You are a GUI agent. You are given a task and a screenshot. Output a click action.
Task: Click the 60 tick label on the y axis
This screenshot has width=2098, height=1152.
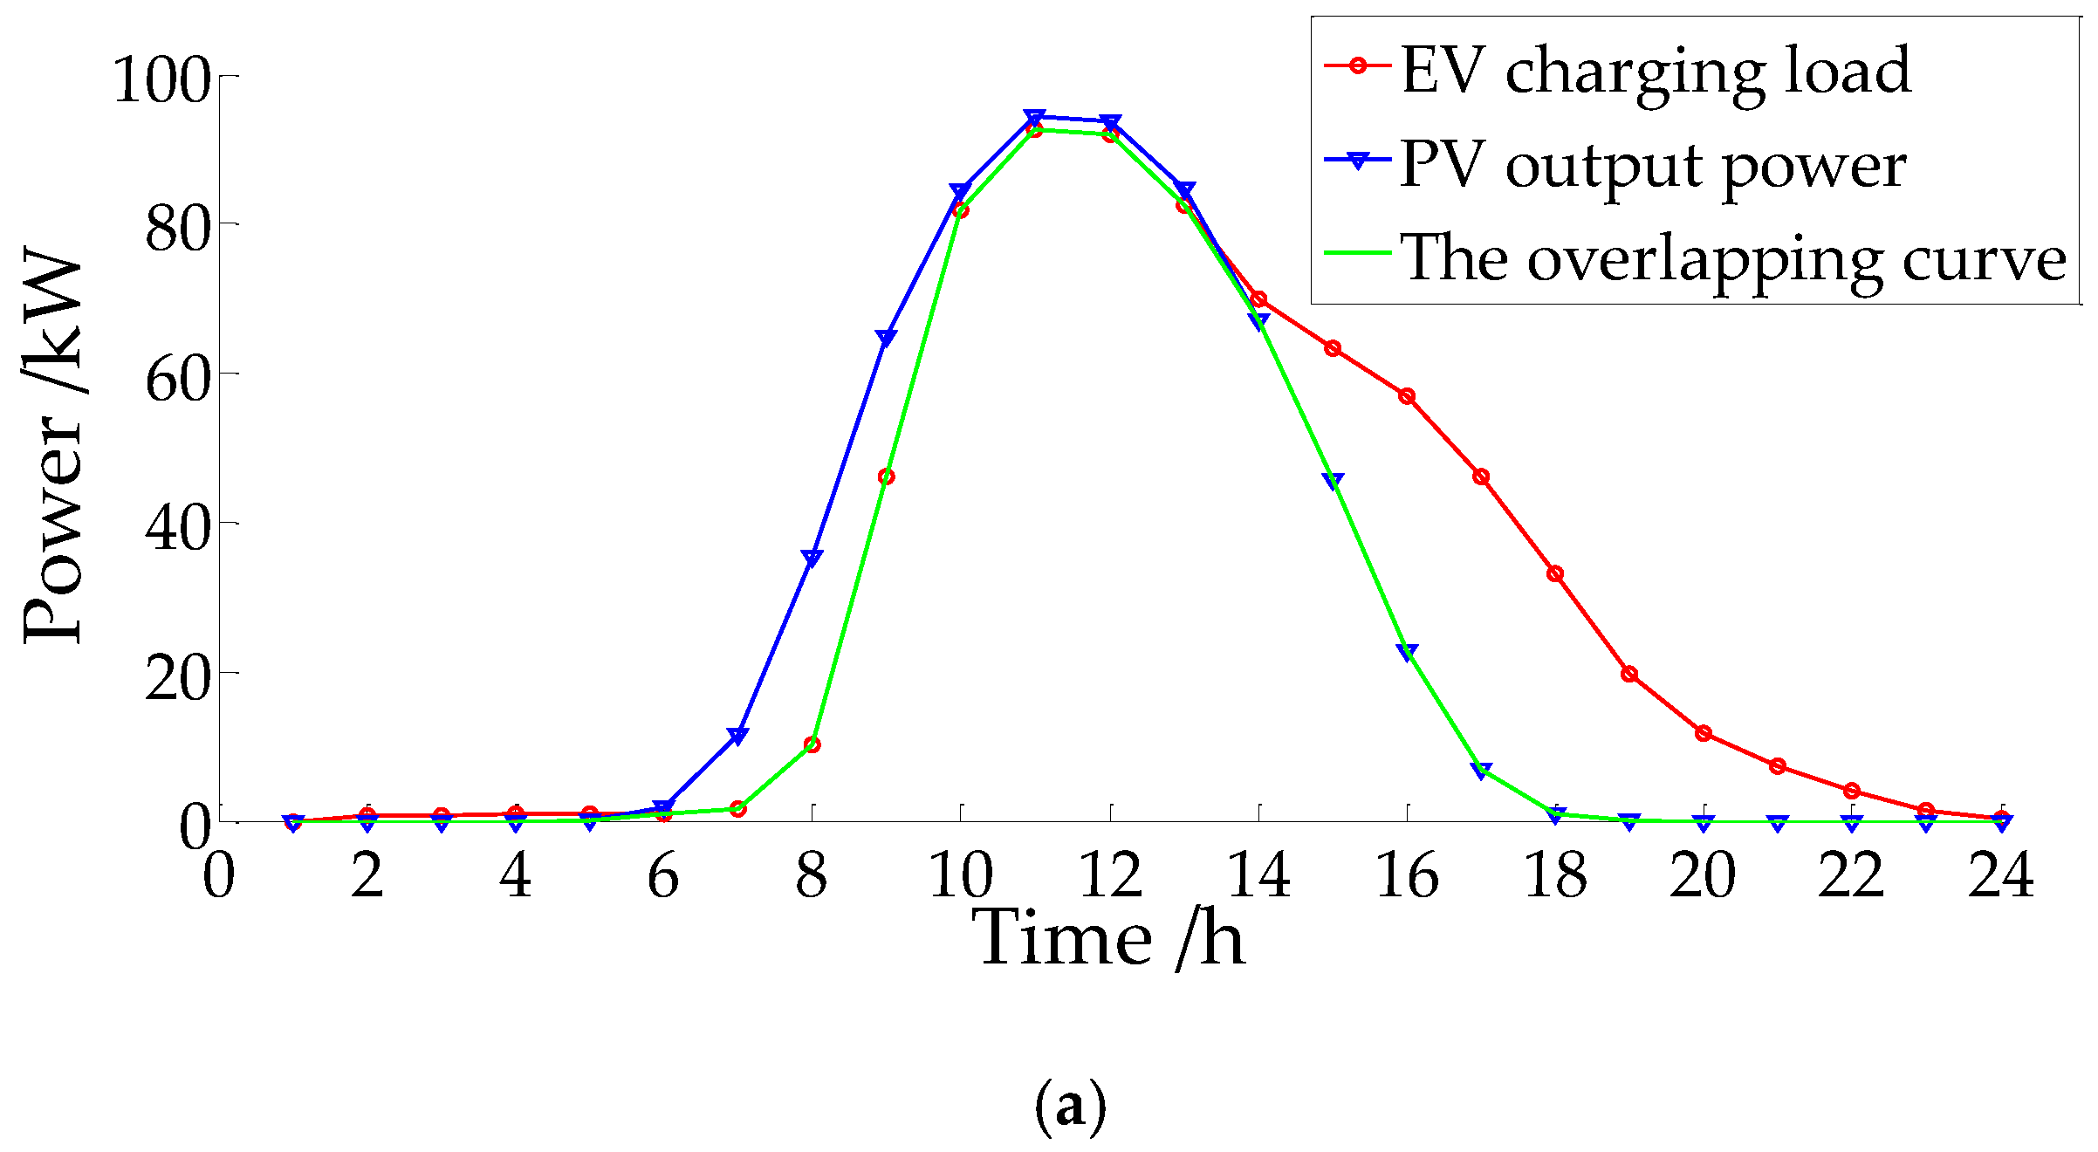coord(178,380)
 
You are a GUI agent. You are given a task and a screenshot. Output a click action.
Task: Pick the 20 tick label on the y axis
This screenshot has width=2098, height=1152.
coord(178,679)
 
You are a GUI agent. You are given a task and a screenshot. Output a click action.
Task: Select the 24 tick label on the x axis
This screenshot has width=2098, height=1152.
coord(2001,875)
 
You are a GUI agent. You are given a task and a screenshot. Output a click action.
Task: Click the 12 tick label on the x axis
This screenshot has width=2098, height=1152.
coord(1110,875)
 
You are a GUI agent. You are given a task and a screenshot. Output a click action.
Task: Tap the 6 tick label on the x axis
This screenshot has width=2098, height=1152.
coord(663,875)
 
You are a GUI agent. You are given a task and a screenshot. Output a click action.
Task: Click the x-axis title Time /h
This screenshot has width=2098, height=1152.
coord(1108,939)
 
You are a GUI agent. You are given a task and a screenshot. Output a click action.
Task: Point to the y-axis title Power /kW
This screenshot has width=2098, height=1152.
coord(52,445)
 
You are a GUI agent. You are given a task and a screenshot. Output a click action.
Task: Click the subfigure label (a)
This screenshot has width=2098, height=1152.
coord(1070,1107)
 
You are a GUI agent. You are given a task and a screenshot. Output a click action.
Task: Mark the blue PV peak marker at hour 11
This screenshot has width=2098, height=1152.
coord(1035,118)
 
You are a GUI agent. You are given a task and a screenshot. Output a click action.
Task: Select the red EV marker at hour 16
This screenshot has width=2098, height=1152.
coord(1407,396)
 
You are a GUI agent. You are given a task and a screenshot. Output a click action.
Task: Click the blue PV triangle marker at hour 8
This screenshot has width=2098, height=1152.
coord(812,559)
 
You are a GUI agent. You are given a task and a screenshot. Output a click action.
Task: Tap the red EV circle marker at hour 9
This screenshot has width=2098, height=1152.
coord(887,477)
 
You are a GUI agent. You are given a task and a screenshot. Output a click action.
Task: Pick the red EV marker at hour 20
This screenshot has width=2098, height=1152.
coord(1704,733)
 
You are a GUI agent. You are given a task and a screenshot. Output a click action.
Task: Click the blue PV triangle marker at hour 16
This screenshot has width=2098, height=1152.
coord(1407,652)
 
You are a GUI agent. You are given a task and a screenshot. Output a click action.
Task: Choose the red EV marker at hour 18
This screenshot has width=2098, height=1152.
coord(1555,573)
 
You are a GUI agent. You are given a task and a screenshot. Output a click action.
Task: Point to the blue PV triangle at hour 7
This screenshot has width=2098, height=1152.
coord(737,737)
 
